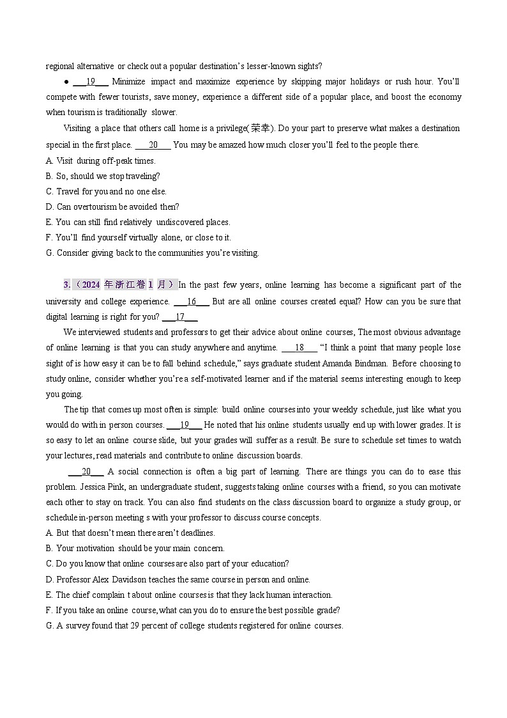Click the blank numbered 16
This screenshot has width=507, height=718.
pos(191,301)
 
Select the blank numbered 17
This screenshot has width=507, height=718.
pos(180,316)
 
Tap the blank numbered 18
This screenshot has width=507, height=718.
pos(299,348)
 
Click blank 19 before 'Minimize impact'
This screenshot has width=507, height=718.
pos(91,82)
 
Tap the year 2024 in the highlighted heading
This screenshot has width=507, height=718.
pos(91,285)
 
